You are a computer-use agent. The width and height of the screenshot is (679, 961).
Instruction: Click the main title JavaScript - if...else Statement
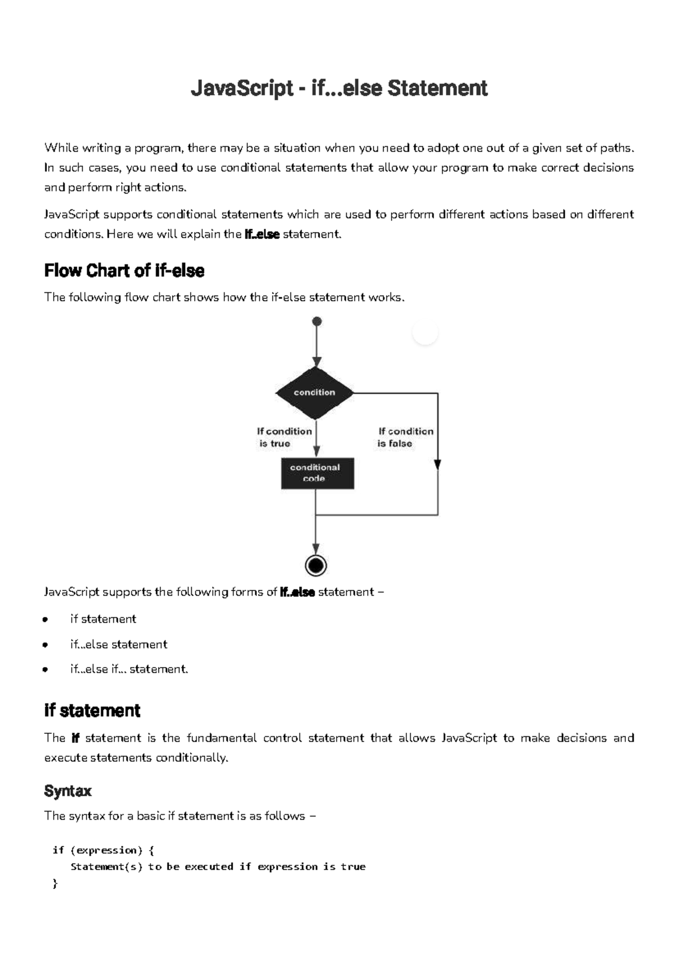point(339,88)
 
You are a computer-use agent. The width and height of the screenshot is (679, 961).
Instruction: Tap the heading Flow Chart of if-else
point(124,271)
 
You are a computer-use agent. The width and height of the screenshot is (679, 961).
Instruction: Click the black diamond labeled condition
point(315,392)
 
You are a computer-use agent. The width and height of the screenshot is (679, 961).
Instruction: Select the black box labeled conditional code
point(317,473)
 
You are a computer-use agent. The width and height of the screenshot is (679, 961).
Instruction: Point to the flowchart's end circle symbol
point(316,565)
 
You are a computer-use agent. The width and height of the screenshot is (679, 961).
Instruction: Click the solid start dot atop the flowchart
point(317,322)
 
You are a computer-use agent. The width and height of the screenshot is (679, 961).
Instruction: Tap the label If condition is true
point(284,437)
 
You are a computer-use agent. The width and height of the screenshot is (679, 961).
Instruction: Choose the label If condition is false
point(405,437)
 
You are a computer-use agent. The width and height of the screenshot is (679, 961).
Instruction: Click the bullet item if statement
point(103,619)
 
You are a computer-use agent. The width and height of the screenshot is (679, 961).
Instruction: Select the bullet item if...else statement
point(119,644)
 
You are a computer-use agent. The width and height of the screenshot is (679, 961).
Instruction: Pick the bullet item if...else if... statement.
point(129,669)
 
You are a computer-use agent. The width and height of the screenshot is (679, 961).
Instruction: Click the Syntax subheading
point(68,791)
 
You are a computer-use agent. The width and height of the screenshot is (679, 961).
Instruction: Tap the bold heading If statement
point(92,711)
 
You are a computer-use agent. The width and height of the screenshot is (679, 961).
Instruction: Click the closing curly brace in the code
point(55,883)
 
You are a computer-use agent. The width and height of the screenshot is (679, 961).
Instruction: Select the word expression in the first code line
point(106,850)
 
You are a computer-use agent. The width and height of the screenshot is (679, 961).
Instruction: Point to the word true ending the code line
point(353,866)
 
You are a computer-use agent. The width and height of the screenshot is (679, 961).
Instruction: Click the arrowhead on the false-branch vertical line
point(437,464)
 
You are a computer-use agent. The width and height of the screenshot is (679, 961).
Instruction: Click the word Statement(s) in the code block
point(106,866)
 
